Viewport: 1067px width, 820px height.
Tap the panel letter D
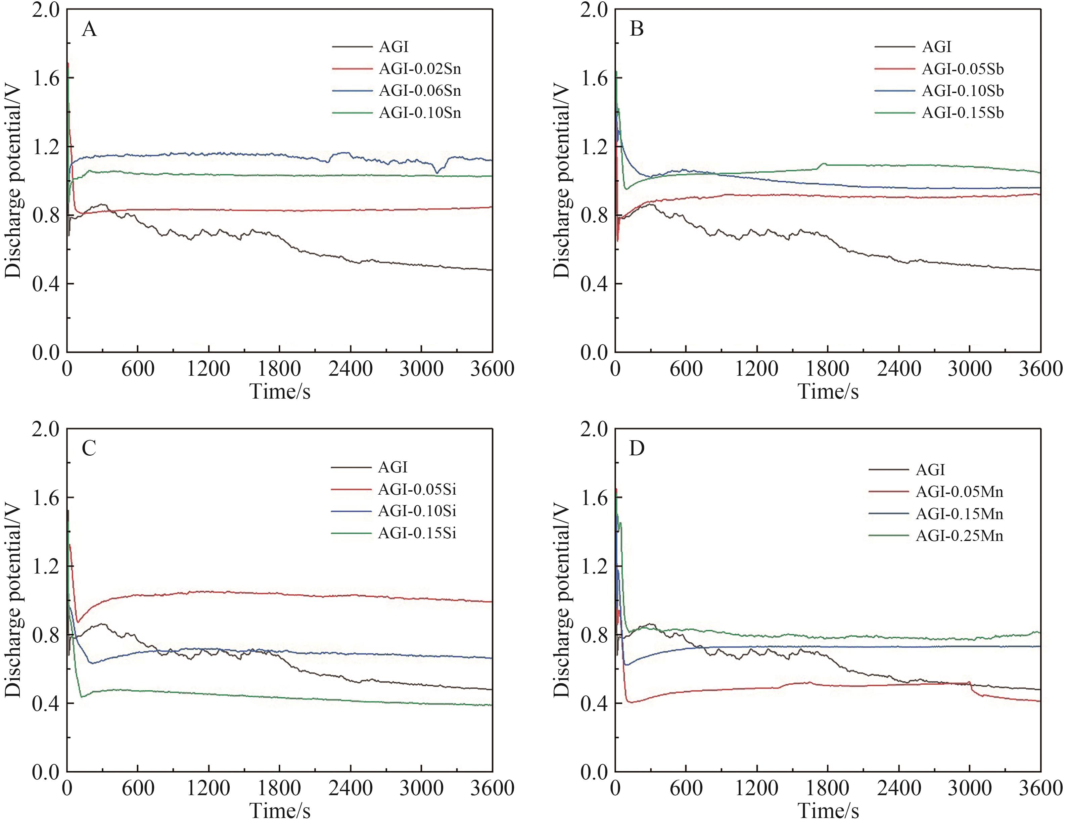[x=637, y=448]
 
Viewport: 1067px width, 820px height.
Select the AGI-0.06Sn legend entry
[x=420, y=91]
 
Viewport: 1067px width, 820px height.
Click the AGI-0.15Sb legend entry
[x=963, y=113]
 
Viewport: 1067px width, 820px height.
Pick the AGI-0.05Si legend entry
[x=417, y=489]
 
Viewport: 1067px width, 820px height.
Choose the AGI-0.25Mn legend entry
[x=959, y=536]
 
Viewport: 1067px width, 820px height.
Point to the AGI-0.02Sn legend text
[x=420, y=69]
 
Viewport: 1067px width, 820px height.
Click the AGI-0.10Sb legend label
[x=963, y=91]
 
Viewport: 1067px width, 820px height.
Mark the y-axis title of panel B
[x=561, y=181]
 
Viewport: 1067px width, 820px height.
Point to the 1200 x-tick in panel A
[x=208, y=368]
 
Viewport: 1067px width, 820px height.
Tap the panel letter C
[x=89, y=448]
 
